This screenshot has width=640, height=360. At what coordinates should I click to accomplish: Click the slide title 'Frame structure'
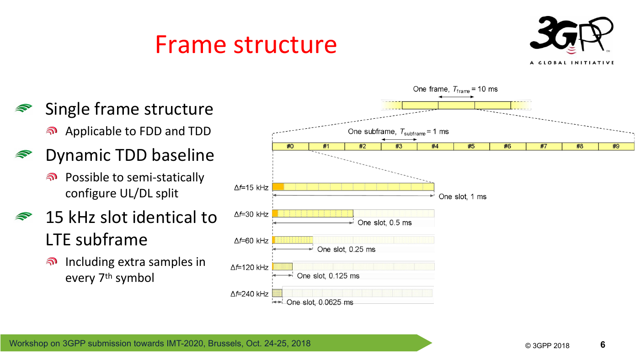(246, 44)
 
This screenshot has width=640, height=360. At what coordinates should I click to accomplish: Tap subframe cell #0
(290, 147)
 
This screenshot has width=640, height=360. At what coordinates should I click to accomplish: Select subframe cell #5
(471, 147)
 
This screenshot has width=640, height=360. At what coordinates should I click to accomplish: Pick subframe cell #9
(616, 147)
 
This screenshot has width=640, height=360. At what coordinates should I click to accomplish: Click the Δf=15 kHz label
(251, 188)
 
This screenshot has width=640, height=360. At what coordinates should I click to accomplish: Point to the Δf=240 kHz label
(250, 294)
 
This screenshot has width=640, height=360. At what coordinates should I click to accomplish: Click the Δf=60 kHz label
(251, 241)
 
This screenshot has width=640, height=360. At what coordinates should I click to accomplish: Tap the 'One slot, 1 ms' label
(463, 197)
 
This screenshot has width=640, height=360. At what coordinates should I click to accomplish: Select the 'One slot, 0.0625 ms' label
(320, 302)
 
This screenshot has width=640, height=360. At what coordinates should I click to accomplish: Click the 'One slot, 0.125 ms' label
(328, 276)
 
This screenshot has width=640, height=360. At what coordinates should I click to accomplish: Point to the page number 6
(603, 344)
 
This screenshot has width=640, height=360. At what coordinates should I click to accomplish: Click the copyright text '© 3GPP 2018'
(547, 345)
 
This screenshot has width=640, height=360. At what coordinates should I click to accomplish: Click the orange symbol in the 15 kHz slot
(278, 187)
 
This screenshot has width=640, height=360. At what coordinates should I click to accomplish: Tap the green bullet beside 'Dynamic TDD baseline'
(24, 154)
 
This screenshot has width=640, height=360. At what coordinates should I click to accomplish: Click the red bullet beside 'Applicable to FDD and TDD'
(52, 131)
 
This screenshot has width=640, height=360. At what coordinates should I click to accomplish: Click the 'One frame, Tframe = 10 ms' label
(455, 90)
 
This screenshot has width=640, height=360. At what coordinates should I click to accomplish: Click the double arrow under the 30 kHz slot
(313, 222)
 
